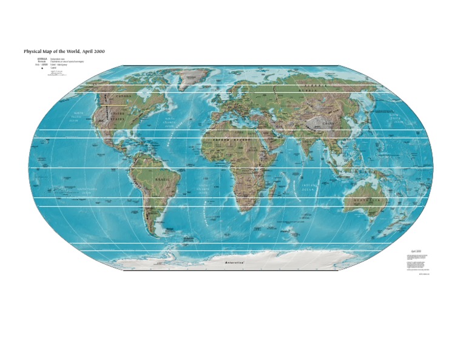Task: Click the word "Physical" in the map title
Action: [x=33, y=52]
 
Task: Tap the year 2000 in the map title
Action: [x=97, y=52]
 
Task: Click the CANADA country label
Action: [x=123, y=97]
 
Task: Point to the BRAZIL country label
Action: [x=163, y=180]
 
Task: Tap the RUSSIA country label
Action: [x=316, y=87]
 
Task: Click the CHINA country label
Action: [x=328, y=123]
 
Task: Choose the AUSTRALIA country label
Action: [x=367, y=200]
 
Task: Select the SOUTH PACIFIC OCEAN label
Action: [x=87, y=191]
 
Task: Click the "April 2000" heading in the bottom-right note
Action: [x=416, y=251]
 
